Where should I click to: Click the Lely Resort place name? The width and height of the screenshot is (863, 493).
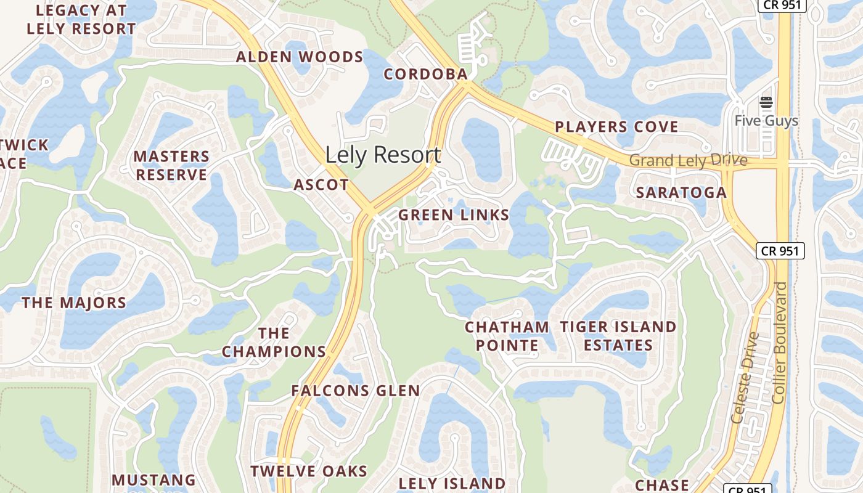click(x=383, y=155)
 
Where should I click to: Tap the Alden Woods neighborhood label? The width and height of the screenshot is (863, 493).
click(x=300, y=57)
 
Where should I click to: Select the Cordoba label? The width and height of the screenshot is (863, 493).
click(x=426, y=74)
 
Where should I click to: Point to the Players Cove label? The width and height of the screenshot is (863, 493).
click(x=616, y=127)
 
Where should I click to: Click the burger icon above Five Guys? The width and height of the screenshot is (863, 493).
click(x=766, y=102)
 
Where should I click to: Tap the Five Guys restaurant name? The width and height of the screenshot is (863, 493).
click(x=766, y=121)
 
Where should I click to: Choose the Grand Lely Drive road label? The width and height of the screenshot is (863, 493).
click(x=688, y=161)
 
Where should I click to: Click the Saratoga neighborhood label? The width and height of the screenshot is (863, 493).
click(x=681, y=192)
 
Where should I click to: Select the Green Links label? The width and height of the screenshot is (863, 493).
click(x=454, y=215)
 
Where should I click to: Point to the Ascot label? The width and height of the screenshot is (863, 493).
click(x=321, y=185)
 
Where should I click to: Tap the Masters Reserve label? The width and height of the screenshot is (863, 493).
click(x=171, y=166)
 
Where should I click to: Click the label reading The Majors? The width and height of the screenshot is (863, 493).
click(x=74, y=303)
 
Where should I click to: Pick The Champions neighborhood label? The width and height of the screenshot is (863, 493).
click(x=274, y=343)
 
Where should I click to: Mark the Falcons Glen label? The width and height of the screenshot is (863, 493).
click(x=356, y=390)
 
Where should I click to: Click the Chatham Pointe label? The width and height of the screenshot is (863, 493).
click(x=507, y=336)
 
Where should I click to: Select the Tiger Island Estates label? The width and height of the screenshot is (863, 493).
click(x=618, y=336)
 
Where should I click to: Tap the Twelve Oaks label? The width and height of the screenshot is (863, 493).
click(x=309, y=471)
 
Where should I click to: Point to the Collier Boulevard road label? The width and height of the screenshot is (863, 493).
click(x=780, y=343)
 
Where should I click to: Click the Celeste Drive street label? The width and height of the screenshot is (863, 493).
click(x=743, y=377)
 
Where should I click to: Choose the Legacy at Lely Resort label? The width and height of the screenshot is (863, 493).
click(x=81, y=20)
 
